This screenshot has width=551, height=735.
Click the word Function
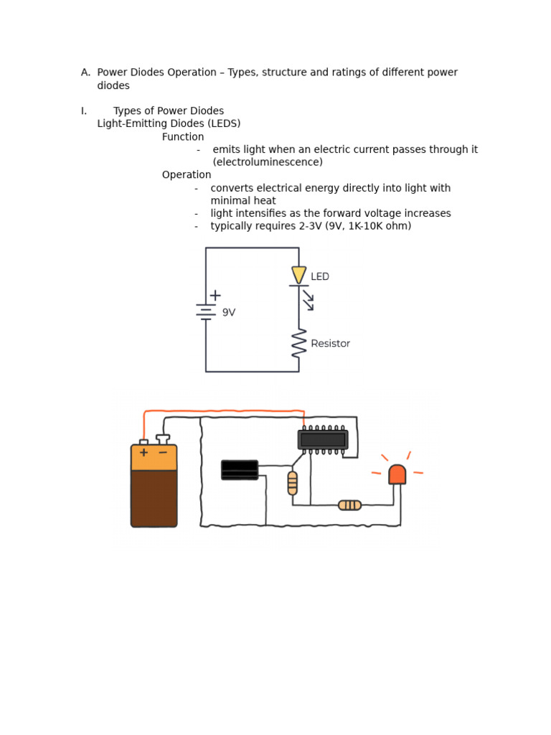click(x=183, y=137)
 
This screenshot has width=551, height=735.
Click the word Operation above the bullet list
click(x=187, y=175)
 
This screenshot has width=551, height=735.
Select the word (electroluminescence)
click(x=268, y=162)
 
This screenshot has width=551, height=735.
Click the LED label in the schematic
click(x=320, y=277)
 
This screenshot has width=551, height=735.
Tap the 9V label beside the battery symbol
click(x=229, y=313)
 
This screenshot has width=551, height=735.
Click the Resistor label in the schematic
click(x=330, y=344)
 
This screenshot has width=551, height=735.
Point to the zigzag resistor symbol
click(x=299, y=343)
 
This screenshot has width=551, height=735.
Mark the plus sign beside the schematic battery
click(x=215, y=295)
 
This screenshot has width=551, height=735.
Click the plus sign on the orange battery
click(x=143, y=453)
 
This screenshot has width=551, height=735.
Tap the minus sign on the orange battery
click(x=163, y=453)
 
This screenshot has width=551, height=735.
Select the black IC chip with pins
click(x=323, y=439)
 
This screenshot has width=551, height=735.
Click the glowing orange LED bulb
click(x=397, y=474)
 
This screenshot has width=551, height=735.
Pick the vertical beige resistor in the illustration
click(x=292, y=483)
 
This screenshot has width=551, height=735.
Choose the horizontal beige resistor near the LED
click(x=349, y=505)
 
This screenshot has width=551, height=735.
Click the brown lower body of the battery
click(x=154, y=499)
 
